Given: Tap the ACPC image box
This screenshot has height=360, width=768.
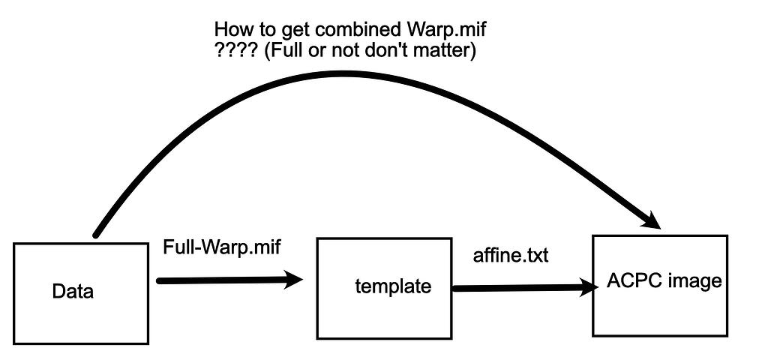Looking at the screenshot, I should [x=660, y=285].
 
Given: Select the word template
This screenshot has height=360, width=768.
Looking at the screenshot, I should [x=393, y=286].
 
